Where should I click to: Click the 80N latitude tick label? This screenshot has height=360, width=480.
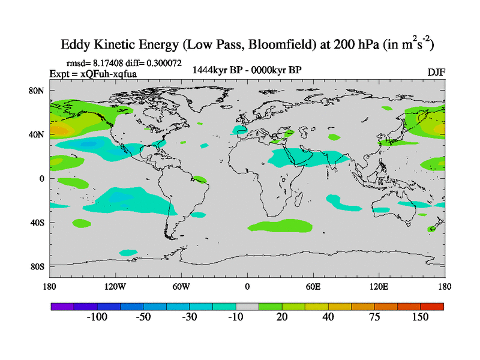tap(38, 91)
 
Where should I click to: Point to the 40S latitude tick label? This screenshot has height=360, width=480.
tap(38, 223)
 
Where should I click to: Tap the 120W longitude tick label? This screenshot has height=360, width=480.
tap(115, 286)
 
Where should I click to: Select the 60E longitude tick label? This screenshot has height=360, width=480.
tap(314, 286)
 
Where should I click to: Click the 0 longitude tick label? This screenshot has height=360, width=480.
tap(247, 286)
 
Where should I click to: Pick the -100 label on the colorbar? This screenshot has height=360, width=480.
tap(97, 317)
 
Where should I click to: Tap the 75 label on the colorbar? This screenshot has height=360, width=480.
tap(374, 317)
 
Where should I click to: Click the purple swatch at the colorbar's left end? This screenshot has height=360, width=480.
tap(62, 306)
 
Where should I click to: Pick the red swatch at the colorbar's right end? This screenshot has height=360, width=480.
tap(432, 306)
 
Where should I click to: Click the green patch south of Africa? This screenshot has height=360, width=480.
tap(280, 226)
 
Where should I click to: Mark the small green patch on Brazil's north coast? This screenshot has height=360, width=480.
tap(200, 179)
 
